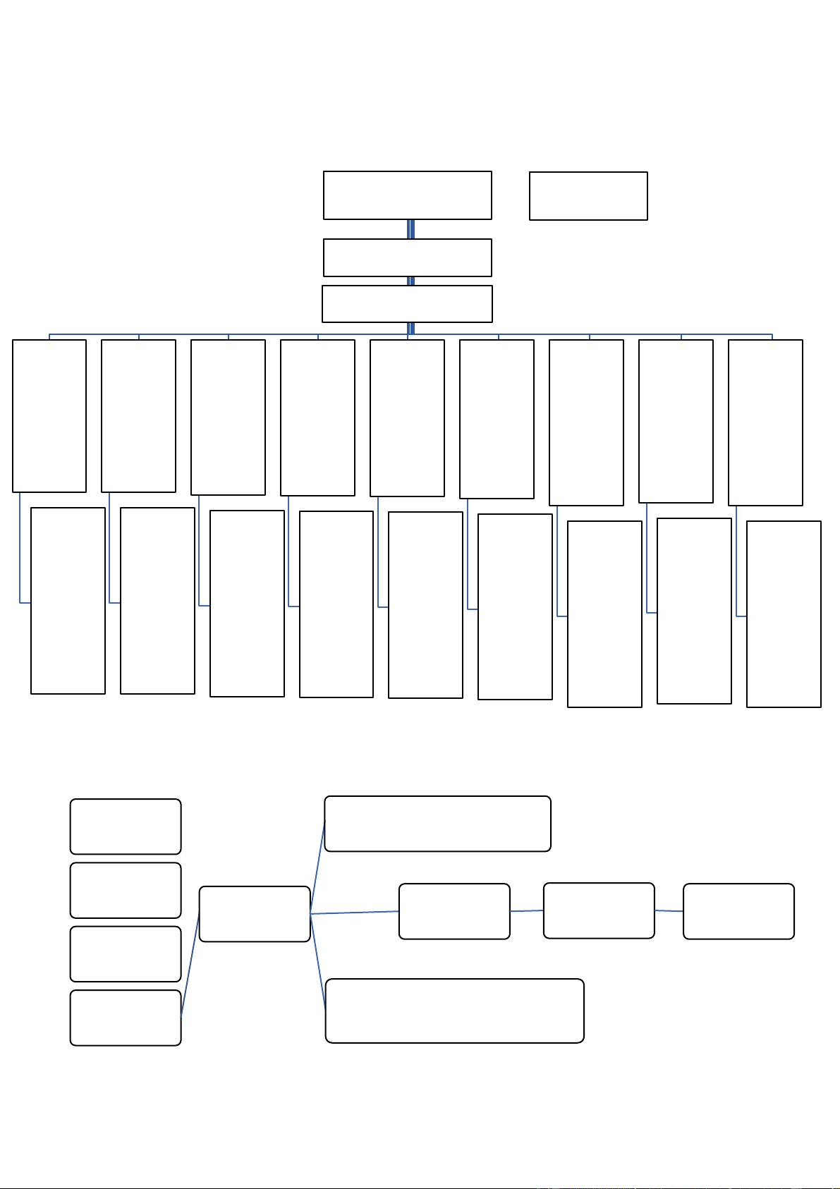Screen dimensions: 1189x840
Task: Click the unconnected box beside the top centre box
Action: click(x=588, y=196)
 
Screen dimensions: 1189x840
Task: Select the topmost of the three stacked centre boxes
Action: click(x=407, y=195)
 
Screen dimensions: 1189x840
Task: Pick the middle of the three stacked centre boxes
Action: click(x=407, y=257)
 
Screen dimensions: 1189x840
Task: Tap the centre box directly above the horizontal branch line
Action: click(x=407, y=304)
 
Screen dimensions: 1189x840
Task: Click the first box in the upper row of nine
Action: click(x=49, y=416)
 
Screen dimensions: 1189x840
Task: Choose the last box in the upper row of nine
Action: click(x=765, y=422)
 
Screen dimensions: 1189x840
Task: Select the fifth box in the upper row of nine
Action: click(x=407, y=418)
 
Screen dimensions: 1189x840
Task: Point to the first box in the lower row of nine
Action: click(x=68, y=601)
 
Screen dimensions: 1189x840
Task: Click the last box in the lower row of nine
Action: click(x=784, y=614)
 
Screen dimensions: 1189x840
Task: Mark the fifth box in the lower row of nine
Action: click(x=425, y=605)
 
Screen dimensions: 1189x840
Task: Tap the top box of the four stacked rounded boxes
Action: click(x=126, y=827)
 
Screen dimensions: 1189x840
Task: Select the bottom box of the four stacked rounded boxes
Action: click(x=126, y=1018)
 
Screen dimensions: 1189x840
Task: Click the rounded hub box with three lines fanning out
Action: click(x=255, y=914)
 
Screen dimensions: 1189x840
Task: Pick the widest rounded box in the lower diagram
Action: click(x=454, y=1011)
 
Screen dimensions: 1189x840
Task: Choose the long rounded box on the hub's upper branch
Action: click(x=437, y=824)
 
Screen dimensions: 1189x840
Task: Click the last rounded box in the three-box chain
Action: click(x=738, y=911)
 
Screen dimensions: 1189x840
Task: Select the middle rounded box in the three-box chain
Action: click(x=599, y=910)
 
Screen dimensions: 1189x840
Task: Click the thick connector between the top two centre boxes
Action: click(x=410, y=229)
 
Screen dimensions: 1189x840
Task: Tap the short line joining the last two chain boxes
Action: click(x=669, y=910)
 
